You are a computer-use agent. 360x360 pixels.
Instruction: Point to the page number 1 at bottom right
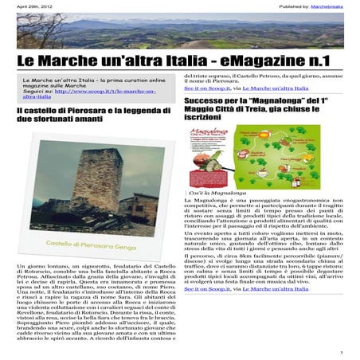tap(341, 351)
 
